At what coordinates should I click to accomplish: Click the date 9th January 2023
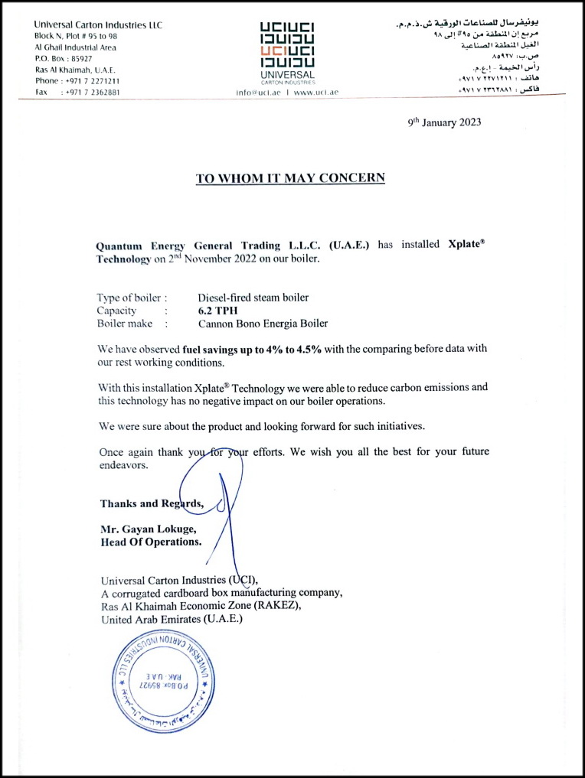444,122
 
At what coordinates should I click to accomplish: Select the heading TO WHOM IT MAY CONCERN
290,178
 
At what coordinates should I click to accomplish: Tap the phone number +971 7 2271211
92,81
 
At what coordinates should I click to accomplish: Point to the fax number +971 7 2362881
92,92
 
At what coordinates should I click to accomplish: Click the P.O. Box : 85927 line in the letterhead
64,58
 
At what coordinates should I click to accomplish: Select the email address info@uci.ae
258,92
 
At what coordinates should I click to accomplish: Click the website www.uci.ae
315,92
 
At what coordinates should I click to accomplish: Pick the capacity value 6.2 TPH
218,311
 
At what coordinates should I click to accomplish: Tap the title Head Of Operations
151,542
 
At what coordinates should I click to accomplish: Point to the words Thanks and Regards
152,503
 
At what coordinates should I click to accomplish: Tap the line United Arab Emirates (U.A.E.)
172,619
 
